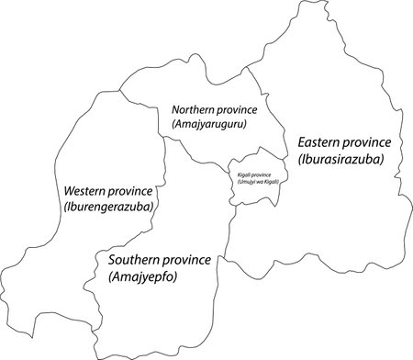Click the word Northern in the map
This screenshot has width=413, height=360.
pos(195,109)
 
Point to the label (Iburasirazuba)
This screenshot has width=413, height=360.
pos(340,159)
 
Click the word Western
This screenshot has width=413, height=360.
pos(88,191)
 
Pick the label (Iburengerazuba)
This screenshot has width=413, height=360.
pos(108,207)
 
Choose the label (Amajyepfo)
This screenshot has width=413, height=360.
pos(142,276)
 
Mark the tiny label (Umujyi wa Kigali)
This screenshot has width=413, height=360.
pos(251,182)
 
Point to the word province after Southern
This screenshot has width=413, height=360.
pos(191,261)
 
